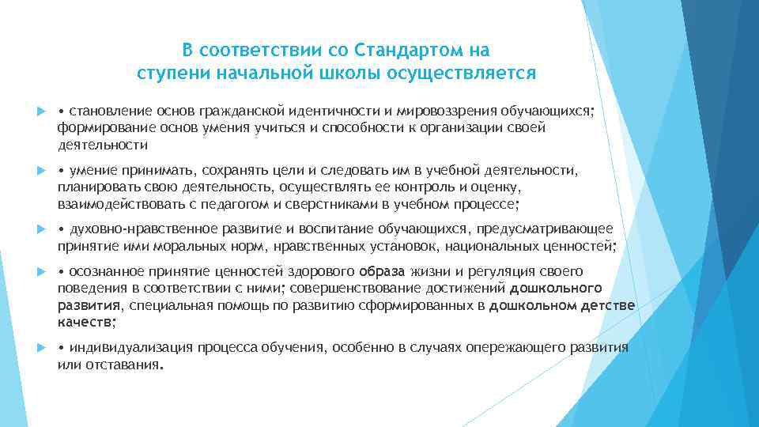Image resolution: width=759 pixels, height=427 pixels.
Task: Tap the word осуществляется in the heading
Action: click(469, 74)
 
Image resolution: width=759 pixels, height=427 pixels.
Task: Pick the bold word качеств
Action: click(85, 322)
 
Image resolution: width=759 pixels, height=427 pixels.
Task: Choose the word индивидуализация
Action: click(131, 347)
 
